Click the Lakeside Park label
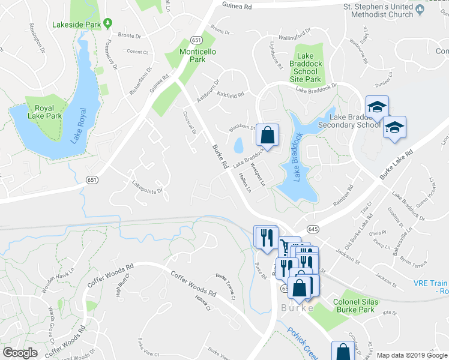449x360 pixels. click(76, 24)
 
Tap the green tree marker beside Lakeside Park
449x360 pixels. click(107, 24)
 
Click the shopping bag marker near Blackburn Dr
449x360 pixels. click(268, 134)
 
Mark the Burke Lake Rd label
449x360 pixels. click(397, 166)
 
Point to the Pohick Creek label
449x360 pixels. click(304, 343)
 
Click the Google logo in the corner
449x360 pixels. click(20, 352)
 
